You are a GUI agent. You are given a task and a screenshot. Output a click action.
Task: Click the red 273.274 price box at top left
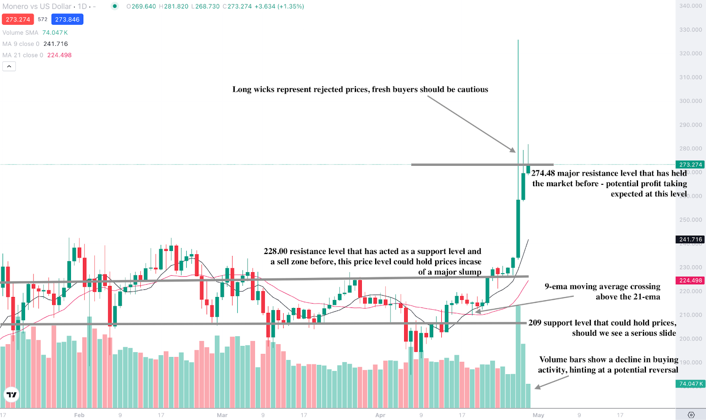(x=18, y=19)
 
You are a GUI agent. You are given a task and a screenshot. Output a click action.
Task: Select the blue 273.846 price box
(x=67, y=19)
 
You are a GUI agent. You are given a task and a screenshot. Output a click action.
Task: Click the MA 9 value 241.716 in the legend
(x=56, y=44)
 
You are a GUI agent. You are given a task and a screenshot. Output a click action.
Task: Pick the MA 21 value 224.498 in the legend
(x=59, y=55)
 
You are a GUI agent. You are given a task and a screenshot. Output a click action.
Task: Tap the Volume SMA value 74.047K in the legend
(x=55, y=33)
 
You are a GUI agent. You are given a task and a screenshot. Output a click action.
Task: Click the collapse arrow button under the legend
(x=9, y=66)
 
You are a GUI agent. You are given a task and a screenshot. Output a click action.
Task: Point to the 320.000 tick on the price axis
(x=690, y=53)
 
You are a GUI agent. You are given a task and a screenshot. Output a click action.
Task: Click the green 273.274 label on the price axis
(x=690, y=165)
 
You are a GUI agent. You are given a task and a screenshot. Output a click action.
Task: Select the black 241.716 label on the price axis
(x=690, y=240)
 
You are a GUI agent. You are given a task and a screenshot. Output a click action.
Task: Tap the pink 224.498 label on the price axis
(x=690, y=281)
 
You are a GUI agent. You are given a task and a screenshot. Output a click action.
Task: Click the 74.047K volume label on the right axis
(x=690, y=384)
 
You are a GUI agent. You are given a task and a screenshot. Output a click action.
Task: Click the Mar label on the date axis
(x=222, y=415)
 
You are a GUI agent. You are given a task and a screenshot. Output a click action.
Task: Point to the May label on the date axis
(x=538, y=415)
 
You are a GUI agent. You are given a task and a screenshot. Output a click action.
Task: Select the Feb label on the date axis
(x=79, y=415)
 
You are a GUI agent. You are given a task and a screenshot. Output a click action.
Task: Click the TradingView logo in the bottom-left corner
(x=11, y=394)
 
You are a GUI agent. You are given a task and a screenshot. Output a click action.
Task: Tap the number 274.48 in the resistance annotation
(x=543, y=173)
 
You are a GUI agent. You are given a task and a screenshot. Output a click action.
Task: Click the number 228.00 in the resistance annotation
(x=275, y=251)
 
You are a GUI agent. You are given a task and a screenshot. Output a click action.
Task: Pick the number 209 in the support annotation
(x=535, y=323)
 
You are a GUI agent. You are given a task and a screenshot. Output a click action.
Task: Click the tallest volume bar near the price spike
(x=518, y=357)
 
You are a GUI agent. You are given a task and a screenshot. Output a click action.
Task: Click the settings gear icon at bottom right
(x=691, y=415)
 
